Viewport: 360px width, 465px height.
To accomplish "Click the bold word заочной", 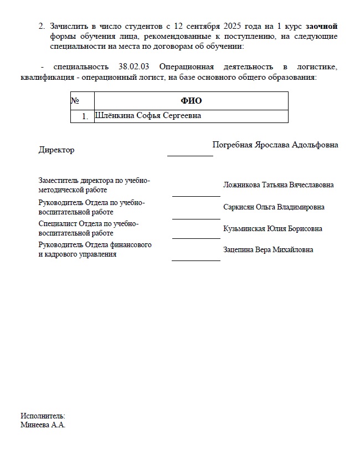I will click(x=321, y=26).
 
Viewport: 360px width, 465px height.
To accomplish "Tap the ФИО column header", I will click(x=191, y=101).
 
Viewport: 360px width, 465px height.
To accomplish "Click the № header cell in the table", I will click(x=75, y=101).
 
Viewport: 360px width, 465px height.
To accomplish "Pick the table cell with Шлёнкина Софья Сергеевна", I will click(x=148, y=116).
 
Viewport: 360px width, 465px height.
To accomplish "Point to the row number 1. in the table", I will click(x=85, y=116).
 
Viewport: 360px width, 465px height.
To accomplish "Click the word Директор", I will click(x=56, y=150).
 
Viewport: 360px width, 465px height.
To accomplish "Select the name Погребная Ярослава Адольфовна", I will click(x=275, y=145).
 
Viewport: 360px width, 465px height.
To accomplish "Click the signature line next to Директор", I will click(x=190, y=156).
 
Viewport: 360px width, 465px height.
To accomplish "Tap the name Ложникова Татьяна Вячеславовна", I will click(x=278, y=185).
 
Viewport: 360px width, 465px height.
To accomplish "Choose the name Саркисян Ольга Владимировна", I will click(x=274, y=207).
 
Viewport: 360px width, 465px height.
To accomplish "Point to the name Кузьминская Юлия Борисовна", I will click(x=272, y=228).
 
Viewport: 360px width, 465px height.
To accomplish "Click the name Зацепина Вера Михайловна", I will click(x=268, y=249).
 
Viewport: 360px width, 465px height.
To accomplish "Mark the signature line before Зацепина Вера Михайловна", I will click(x=196, y=259).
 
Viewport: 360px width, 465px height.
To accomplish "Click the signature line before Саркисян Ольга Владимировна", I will click(x=196, y=218).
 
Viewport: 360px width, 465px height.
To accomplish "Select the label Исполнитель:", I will click(x=43, y=416).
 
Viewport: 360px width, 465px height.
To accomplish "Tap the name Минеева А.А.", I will click(x=43, y=425).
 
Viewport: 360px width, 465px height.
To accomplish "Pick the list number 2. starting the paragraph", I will click(x=42, y=26).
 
